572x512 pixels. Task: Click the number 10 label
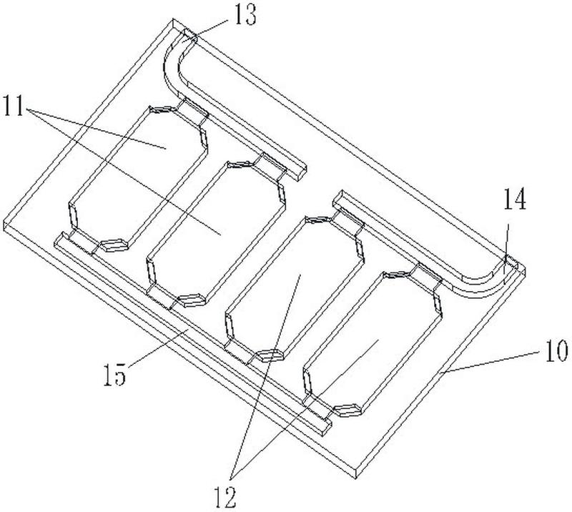click(557, 350)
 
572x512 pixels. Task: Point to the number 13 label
click(245, 15)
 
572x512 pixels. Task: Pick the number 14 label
click(515, 200)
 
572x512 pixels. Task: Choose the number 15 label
click(114, 375)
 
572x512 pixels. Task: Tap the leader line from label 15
click(159, 347)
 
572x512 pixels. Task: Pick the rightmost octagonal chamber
click(373, 343)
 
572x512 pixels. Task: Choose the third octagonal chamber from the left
click(295, 288)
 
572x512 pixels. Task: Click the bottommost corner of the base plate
click(356, 478)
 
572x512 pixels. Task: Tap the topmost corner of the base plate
click(173, 19)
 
